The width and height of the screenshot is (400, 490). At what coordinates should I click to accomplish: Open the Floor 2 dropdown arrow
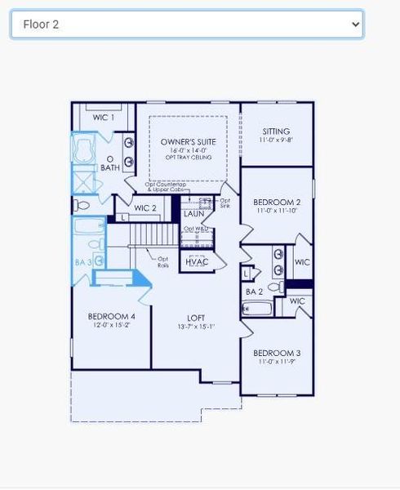click(355, 24)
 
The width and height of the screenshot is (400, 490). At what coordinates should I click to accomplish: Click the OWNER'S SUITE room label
click(189, 141)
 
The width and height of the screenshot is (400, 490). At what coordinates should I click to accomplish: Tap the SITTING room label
click(276, 131)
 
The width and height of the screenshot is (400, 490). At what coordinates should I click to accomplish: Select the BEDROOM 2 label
click(277, 202)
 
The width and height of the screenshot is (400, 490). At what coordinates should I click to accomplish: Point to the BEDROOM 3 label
click(277, 353)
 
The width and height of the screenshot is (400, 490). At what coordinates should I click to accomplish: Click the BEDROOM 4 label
click(111, 316)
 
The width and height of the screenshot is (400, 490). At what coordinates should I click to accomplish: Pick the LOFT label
click(196, 318)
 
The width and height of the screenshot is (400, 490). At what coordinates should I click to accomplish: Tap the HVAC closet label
click(196, 262)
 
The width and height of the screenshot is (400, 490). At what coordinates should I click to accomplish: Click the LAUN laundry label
click(194, 214)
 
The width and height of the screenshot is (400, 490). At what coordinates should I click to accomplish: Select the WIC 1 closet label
click(104, 118)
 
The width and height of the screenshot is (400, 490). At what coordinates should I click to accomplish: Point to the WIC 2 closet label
click(145, 208)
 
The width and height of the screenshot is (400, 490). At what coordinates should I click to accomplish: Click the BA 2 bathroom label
click(254, 292)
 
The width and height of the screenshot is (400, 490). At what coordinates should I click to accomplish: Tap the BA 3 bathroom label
click(82, 262)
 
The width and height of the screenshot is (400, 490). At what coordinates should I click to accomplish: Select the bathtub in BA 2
click(257, 309)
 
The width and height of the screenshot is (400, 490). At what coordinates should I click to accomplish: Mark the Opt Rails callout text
click(163, 262)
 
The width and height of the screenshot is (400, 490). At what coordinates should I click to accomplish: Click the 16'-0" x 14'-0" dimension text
click(189, 150)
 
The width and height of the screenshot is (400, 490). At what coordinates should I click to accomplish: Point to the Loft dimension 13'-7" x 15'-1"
click(196, 327)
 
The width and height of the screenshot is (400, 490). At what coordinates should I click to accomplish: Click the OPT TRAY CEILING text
click(189, 158)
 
